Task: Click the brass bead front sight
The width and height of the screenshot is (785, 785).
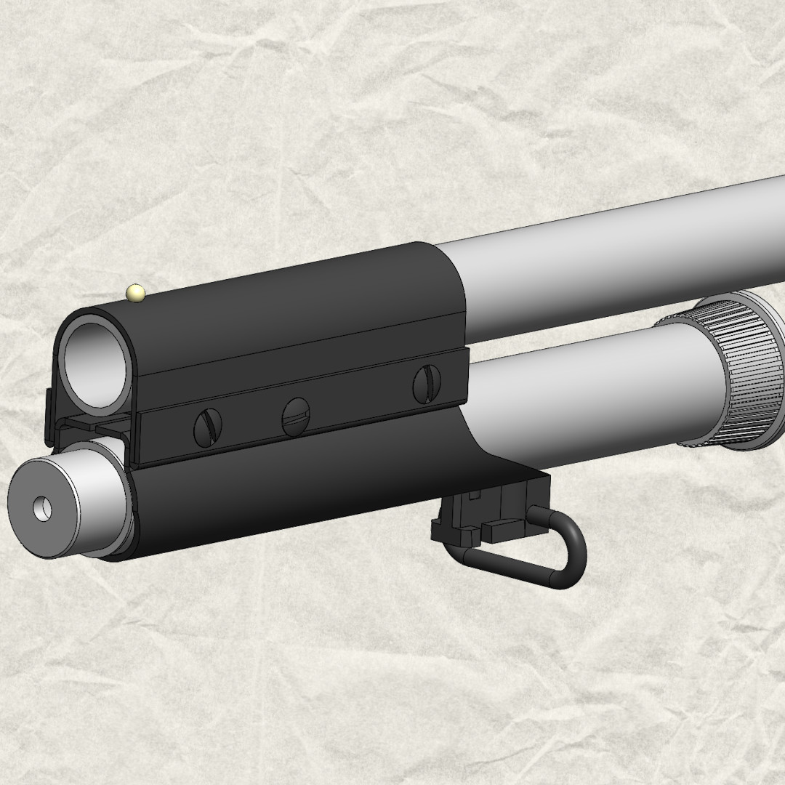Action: pos(135,293)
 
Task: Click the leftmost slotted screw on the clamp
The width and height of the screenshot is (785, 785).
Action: pos(207,427)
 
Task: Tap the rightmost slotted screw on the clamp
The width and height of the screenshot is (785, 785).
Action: pos(426,385)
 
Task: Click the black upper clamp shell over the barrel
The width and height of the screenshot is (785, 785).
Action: pos(291,305)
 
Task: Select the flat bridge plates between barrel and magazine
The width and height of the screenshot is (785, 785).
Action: pos(94,425)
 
